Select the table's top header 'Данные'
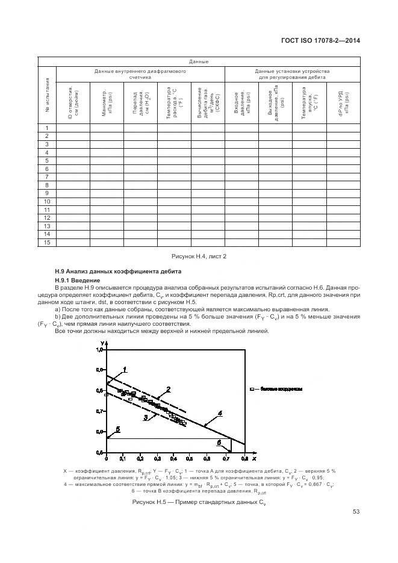(199, 61)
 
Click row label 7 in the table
(46, 176)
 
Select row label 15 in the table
(46, 242)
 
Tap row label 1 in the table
(46, 128)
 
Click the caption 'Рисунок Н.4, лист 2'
(199, 257)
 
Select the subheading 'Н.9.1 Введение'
(75, 281)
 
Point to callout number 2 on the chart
(168, 389)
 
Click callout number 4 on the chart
(220, 413)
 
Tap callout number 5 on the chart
(118, 429)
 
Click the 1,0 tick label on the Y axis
(101, 349)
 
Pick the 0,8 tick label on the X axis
(245, 459)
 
